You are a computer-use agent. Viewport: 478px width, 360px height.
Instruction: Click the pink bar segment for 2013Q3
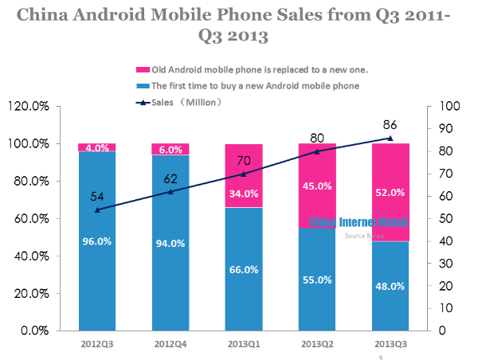point(391,192)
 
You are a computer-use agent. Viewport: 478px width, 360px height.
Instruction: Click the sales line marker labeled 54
point(97,210)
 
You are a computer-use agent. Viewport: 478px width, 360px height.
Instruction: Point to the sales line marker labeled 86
point(390,138)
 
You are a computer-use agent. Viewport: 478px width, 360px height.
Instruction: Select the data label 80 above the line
point(318,136)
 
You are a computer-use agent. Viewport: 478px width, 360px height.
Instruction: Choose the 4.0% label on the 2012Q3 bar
point(97,147)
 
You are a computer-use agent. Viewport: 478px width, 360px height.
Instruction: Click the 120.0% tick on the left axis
point(29,106)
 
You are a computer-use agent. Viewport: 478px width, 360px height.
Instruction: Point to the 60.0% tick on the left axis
point(31,218)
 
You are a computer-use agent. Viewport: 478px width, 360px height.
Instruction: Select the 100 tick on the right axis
point(450,106)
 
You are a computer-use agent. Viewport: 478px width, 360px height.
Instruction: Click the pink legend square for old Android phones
point(144,70)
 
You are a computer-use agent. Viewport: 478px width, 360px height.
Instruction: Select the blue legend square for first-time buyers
point(144,85)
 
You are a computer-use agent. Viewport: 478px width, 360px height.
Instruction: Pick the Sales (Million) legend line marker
point(144,102)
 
